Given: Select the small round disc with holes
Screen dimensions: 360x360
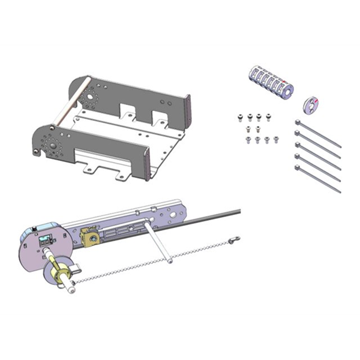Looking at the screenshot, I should (x=310, y=104).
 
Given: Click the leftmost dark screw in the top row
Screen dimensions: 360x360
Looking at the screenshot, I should (x=241, y=117).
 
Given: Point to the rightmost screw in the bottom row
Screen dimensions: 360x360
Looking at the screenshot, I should (x=276, y=139).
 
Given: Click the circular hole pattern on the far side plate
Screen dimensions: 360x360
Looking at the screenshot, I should (x=92, y=98).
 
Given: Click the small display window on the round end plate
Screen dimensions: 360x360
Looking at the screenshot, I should (x=44, y=241).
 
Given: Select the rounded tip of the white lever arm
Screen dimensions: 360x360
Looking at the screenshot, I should (x=170, y=260).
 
